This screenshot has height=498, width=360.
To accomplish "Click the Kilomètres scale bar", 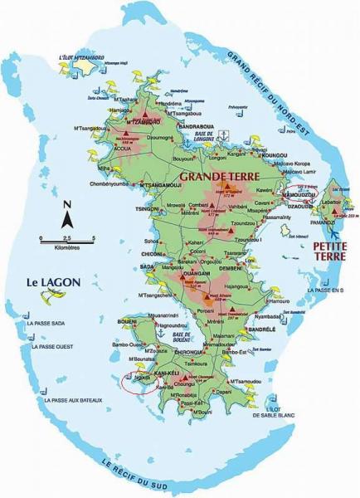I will point(67,241).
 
